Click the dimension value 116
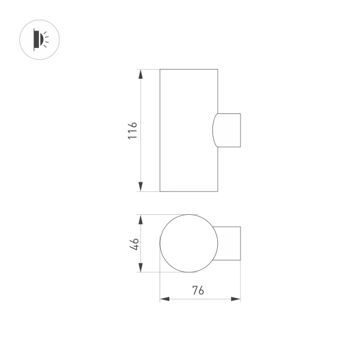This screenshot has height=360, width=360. pyautogui.click(x=133, y=130)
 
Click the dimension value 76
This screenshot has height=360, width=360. pyautogui.click(x=199, y=291)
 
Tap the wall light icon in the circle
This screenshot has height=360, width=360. pyautogui.click(x=40, y=40)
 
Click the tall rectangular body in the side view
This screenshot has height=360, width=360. pyautogui.click(x=187, y=130)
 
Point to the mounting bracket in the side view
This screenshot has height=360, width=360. pyautogui.click(x=229, y=130)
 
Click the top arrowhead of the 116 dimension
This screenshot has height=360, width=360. pyautogui.click(x=141, y=73)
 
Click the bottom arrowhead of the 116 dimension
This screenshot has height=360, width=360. pyautogui.click(x=141, y=187)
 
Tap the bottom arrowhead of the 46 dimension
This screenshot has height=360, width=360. pyautogui.click(x=141, y=268)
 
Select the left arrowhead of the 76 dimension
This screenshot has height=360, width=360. pyautogui.click(x=163, y=299)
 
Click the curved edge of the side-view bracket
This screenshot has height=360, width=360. pyautogui.click(x=213, y=130)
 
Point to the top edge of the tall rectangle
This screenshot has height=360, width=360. pyautogui.click(x=187, y=69)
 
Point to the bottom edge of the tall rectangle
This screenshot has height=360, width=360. pyautogui.click(x=187, y=191)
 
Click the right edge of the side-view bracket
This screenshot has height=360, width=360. pyautogui.click(x=240, y=130)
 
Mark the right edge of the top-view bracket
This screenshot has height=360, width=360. pyautogui.click(x=240, y=244)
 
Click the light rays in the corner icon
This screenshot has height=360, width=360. pyautogui.click(x=47, y=40)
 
